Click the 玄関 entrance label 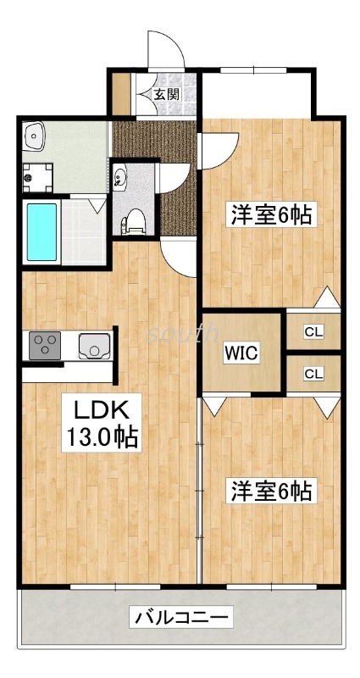coord(166,94)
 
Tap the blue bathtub coord(42,231)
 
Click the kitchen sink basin coord(91,346)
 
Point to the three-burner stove coord(44,346)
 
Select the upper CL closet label coord(313,331)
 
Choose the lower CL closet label coord(313,373)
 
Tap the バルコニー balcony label coord(180,617)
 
